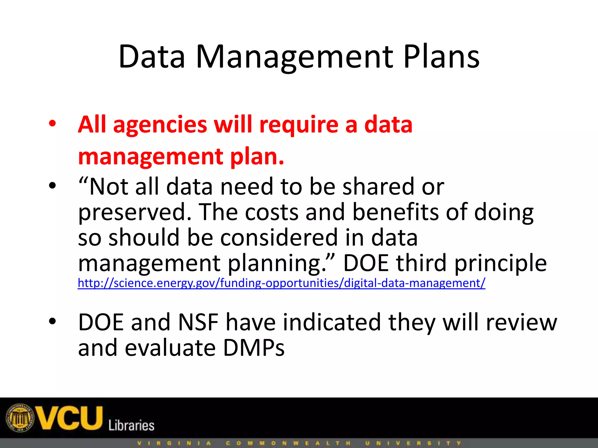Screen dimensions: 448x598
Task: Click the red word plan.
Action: click(x=257, y=157)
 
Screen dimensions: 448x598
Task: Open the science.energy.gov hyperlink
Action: click(x=281, y=283)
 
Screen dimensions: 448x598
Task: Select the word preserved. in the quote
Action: click(x=135, y=212)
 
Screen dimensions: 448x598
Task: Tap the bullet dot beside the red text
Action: click(x=52, y=124)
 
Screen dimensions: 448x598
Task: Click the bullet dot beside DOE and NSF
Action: click(x=52, y=321)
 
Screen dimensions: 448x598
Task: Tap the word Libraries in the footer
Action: click(x=131, y=425)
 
